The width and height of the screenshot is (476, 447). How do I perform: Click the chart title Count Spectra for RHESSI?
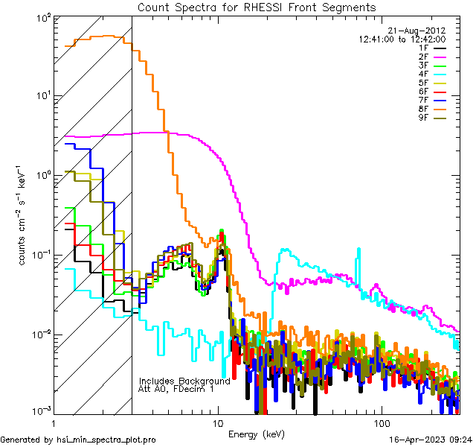coord(257,7)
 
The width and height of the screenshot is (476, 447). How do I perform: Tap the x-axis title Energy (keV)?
coord(257,434)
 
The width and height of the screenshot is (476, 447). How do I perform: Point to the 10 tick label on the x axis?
coord(218,422)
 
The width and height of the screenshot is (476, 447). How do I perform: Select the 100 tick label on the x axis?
coord(381,422)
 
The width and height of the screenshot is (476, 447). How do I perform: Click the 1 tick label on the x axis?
coord(54,422)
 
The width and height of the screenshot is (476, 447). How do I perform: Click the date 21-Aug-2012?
coord(419,31)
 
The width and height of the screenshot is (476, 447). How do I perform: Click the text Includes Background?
coord(184,381)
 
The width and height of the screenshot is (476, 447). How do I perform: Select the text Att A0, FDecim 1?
coord(176,389)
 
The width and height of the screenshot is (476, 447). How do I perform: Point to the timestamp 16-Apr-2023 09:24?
coord(429,440)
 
